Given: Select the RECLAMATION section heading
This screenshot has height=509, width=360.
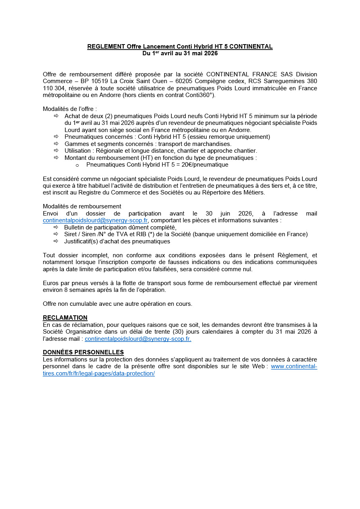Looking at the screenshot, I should (x=65, y=318).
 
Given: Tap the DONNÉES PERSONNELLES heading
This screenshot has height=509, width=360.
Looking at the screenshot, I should (x=83, y=352).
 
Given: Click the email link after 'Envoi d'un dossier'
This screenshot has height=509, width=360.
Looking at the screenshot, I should (x=95, y=220).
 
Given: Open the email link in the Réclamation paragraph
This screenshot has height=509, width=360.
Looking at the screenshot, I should (x=138, y=339).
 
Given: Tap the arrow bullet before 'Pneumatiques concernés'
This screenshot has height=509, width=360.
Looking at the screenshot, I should (x=56, y=137).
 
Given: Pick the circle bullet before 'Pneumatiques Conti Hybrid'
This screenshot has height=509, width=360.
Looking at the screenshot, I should (x=77, y=165).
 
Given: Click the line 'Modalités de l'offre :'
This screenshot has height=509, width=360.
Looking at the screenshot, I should (x=70, y=109).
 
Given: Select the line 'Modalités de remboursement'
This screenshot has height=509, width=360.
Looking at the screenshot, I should (x=82, y=206).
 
